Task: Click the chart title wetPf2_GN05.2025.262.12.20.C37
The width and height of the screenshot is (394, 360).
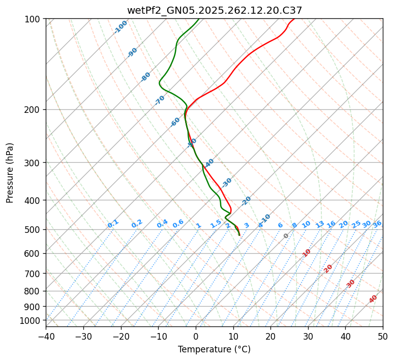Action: click(214, 10)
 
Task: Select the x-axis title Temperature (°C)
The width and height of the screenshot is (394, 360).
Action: click(214, 349)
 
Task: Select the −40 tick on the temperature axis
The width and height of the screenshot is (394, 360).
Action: click(46, 336)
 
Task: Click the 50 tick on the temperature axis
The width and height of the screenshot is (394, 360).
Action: click(383, 336)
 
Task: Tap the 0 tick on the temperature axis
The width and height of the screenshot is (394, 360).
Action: click(196, 336)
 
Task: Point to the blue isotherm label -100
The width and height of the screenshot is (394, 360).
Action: click(121, 26)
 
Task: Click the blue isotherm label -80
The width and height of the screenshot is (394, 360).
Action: click(146, 77)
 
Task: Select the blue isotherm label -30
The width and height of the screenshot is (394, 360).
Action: click(227, 183)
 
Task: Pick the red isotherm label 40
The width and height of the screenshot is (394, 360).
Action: click(373, 299)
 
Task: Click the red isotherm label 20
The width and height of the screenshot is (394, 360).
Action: click(328, 268)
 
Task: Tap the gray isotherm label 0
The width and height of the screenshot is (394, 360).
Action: click(286, 236)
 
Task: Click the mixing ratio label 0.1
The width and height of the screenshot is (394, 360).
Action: click(113, 223)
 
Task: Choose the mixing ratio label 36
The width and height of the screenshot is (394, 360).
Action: click(377, 224)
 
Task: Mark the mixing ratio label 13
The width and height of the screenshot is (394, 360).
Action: click(320, 224)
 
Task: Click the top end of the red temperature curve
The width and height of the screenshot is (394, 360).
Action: click(294, 19)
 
